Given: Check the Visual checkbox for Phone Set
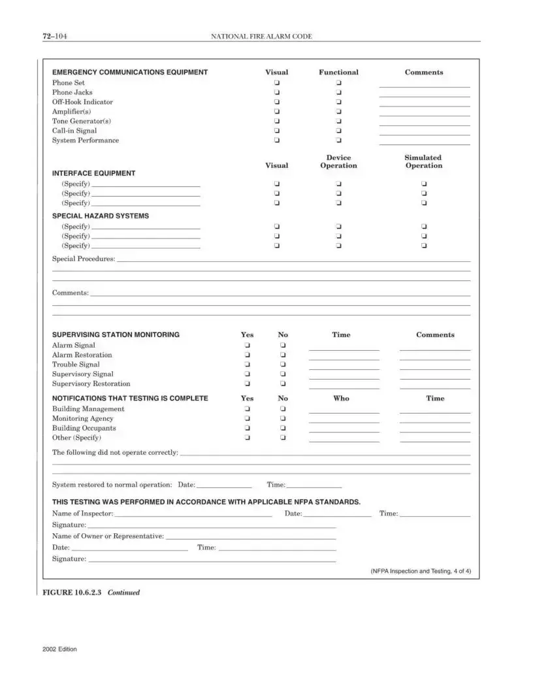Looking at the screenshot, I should coord(277,83).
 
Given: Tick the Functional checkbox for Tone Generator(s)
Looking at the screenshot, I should coord(339,122).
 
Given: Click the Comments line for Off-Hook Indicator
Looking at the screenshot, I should coord(424,105).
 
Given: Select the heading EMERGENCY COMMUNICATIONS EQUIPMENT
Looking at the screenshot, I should coord(130,73).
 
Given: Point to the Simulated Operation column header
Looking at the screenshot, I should coord(423,161).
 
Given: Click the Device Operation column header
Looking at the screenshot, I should coord(338,161).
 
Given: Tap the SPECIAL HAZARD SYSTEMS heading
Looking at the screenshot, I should coord(100,216).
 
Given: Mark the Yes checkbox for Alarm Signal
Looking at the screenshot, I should coord(248,346).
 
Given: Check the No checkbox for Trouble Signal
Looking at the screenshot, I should coord(283,365).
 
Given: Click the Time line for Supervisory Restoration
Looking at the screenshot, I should coord(344,387).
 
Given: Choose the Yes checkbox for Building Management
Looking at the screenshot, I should coord(248,409).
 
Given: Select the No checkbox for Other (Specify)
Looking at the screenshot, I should coord(283,438).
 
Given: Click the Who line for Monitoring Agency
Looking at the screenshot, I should coord(344,422).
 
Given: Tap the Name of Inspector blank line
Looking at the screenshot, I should coord(193,516).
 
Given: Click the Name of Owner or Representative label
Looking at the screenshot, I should coord(108,536).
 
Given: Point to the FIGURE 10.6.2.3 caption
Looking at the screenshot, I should coord(91,593).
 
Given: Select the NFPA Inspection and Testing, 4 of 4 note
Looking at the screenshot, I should coord(420,571).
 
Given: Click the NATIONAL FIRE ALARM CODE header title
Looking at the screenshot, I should coord(261,37).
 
